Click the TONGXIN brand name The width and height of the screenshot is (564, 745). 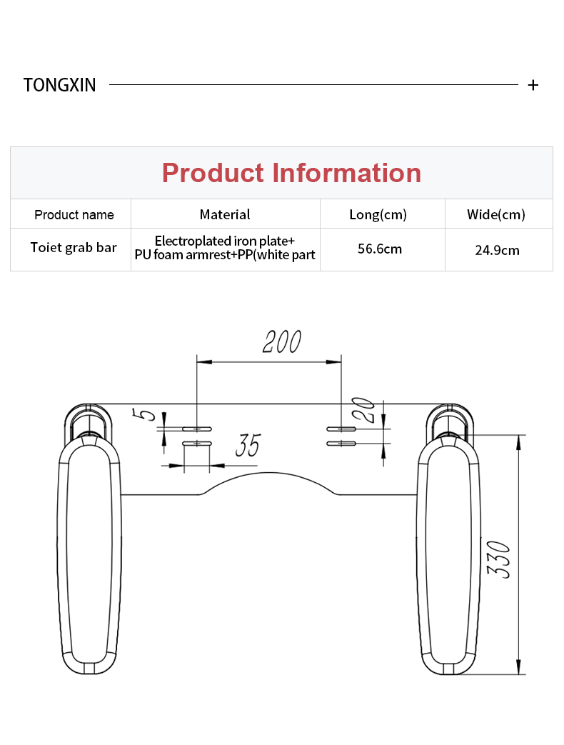pyautogui.click(x=60, y=85)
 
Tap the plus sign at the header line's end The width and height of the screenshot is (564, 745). pyautogui.click(x=533, y=85)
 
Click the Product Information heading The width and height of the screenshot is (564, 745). pyautogui.click(x=291, y=172)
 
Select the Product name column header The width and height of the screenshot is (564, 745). pyautogui.click(x=74, y=215)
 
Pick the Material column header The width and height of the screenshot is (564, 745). pyautogui.click(x=225, y=214)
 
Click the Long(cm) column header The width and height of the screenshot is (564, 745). pyautogui.click(x=378, y=215)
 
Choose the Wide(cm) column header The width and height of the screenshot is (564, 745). pyautogui.click(x=496, y=215)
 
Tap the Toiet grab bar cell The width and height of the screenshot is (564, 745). pyautogui.click(x=74, y=248)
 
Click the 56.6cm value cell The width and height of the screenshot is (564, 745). pyautogui.click(x=380, y=249)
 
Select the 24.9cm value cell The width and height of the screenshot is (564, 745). pyautogui.click(x=497, y=251)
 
